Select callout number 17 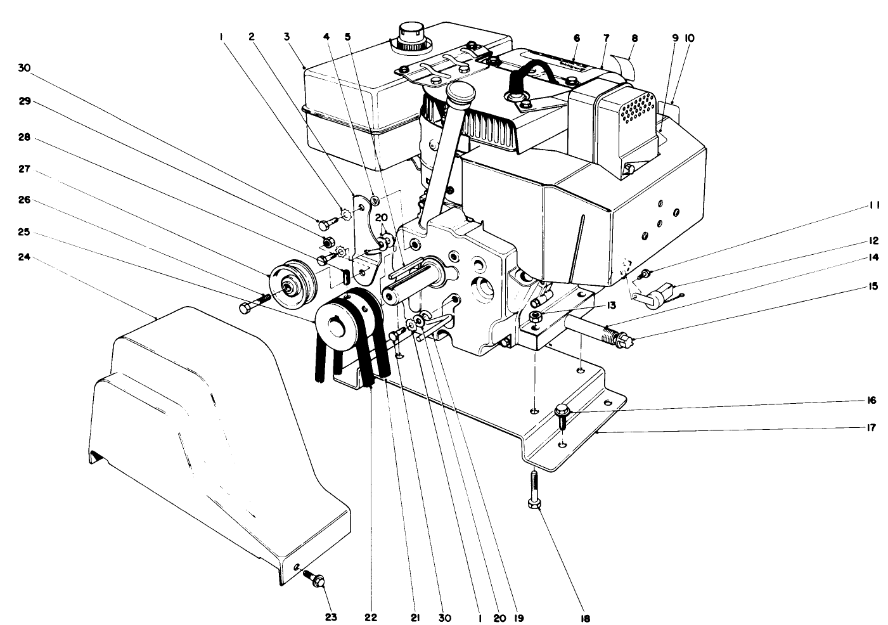coord(872,427)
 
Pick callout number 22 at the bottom coord(371,617)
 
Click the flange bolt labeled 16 coord(562,412)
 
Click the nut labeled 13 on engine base coord(537,316)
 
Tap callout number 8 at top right coord(634,37)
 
